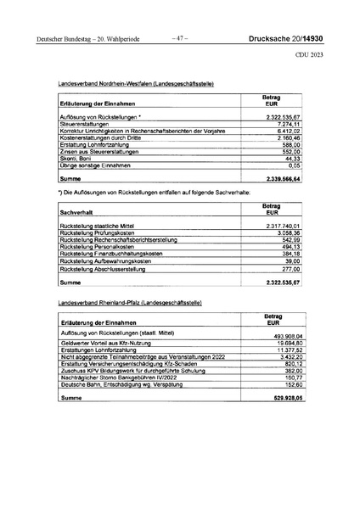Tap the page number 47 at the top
(x=179, y=38)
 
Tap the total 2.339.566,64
(x=282, y=179)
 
